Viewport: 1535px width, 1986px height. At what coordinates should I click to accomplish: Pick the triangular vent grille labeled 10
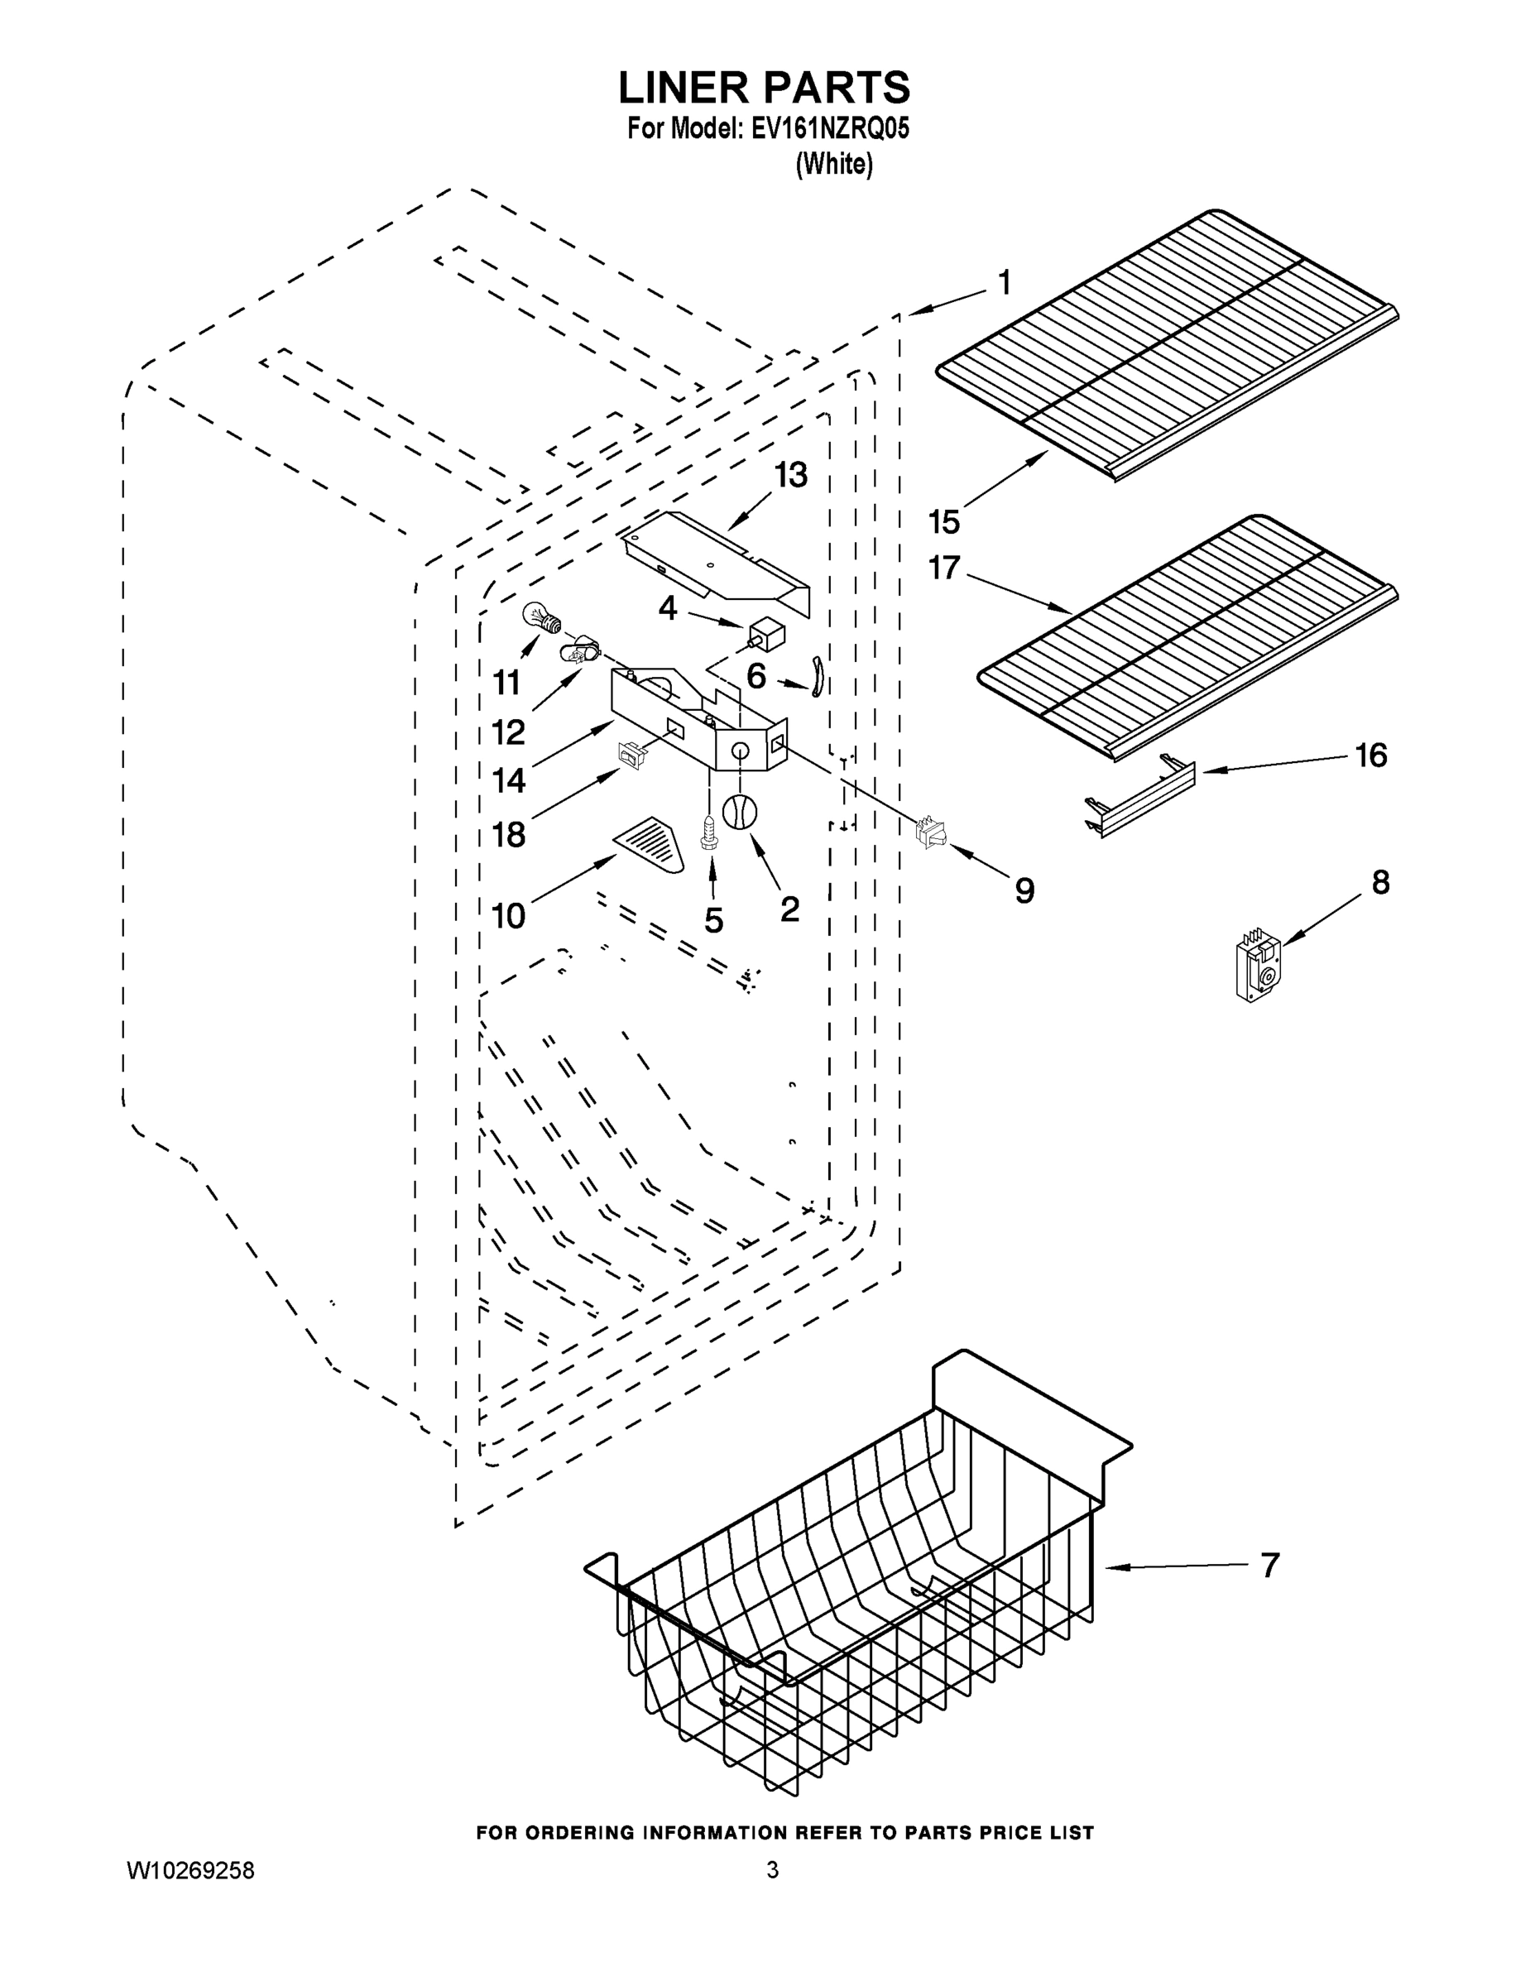(651, 843)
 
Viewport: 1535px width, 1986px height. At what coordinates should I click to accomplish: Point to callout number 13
(790, 475)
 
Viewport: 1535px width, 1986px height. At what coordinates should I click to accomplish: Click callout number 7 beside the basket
(1269, 1564)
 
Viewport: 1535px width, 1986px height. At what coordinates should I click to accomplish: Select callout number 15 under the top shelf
(944, 521)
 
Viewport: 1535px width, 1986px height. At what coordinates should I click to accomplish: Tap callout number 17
(944, 568)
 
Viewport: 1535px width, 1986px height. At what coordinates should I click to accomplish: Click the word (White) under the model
(834, 165)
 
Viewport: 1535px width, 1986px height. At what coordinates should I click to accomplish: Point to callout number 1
(1004, 283)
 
